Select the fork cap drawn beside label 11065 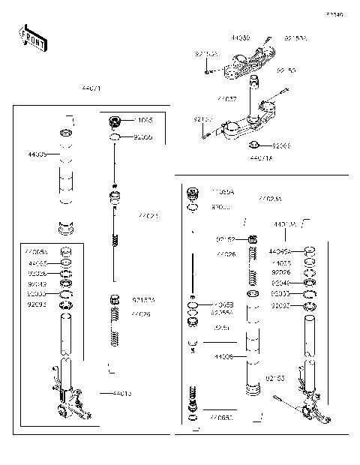tap(116, 122)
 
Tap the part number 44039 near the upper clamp tap(241, 37)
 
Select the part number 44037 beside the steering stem tap(226, 99)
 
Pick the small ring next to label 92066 tap(254, 144)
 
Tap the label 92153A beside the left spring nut tap(143, 300)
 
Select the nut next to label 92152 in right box tap(253, 239)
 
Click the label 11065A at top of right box tap(222, 192)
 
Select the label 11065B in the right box tap(223, 304)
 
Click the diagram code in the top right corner tap(334, 14)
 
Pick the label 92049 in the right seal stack tap(281, 283)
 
